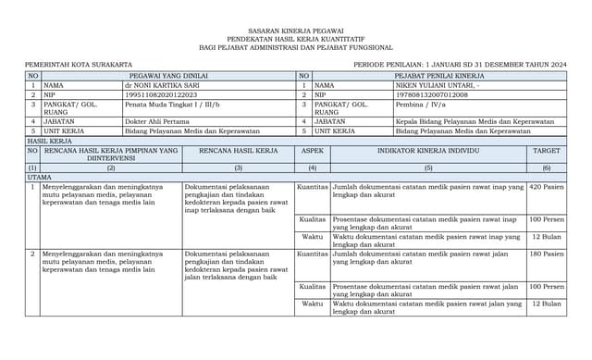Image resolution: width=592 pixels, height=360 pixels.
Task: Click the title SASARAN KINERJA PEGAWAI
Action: (x=296, y=30)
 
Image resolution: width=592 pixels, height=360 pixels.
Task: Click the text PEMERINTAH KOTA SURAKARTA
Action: (x=66, y=64)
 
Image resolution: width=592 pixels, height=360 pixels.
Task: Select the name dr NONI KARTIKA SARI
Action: (x=162, y=84)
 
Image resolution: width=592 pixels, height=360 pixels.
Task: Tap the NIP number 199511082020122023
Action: (x=161, y=94)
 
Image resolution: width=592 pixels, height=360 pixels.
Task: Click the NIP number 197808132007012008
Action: (x=431, y=94)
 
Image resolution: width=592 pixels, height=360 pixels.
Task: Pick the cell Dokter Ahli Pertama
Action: (x=157, y=122)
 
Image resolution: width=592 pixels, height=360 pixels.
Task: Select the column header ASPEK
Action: (x=313, y=150)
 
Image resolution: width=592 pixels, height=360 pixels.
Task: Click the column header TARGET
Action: (x=546, y=150)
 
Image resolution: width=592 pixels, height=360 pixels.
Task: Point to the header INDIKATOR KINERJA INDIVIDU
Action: (x=428, y=150)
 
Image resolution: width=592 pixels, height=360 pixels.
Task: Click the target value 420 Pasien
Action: (x=547, y=186)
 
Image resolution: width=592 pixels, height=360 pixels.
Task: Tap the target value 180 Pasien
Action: (x=547, y=253)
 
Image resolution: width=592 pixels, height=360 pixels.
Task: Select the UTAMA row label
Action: (x=40, y=176)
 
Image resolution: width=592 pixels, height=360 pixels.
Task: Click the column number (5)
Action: (x=428, y=168)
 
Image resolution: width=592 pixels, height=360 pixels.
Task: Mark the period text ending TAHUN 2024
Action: (x=460, y=64)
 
